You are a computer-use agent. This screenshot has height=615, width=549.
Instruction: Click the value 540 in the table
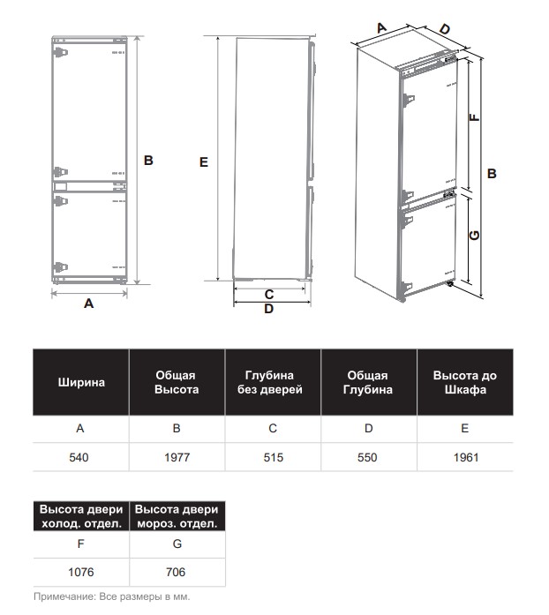[80, 458]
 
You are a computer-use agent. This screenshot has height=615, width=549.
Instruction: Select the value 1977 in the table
[177, 458]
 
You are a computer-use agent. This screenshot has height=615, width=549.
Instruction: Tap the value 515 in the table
[273, 458]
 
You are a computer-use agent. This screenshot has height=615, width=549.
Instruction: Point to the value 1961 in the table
[464, 458]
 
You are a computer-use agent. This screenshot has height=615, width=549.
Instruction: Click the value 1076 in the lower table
[80, 572]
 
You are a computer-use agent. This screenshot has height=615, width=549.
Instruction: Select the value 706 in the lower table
[176, 572]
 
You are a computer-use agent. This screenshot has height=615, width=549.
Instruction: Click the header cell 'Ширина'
[81, 383]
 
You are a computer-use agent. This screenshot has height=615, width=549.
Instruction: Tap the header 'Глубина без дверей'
[273, 383]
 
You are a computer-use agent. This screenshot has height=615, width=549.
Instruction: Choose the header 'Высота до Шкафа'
[464, 383]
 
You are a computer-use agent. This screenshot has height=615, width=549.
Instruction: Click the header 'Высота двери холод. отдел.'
[81, 517]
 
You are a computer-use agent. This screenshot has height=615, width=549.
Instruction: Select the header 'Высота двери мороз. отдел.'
[177, 517]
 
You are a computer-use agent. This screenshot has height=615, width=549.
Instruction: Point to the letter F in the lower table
[80, 545]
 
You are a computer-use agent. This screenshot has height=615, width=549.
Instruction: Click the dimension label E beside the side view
[204, 162]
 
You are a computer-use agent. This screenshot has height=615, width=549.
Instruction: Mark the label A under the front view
[88, 304]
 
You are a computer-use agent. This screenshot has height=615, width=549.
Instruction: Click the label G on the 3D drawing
[474, 235]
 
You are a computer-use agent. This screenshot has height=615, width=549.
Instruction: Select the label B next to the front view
[148, 161]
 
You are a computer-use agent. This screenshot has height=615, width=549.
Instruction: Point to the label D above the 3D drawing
[444, 29]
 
